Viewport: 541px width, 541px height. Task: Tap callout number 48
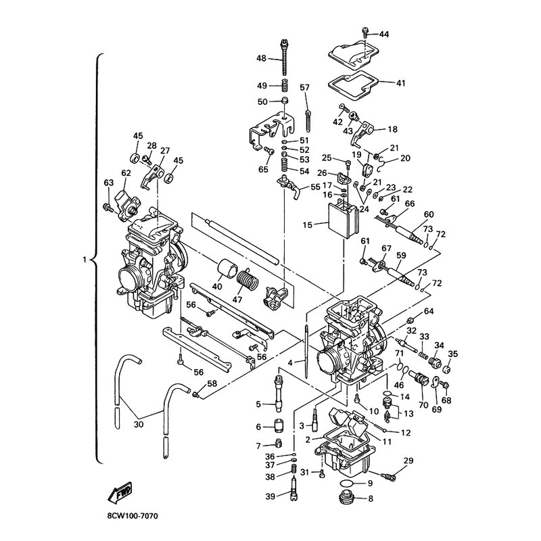tap(261, 58)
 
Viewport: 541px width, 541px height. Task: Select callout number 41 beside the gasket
tap(401, 83)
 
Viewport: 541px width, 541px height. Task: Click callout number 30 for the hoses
tap(139, 425)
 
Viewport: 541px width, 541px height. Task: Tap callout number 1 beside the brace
tap(85, 259)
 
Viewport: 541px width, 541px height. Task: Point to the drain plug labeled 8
tap(344, 501)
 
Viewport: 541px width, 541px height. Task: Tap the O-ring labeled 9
tap(344, 484)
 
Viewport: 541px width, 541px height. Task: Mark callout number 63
tap(108, 183)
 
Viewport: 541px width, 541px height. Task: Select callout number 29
tap(408, 461)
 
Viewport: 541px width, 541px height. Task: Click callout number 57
tap(304, 87)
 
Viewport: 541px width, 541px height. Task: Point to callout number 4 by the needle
tap(290, 362)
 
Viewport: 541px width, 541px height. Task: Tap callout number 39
tap(269, 497)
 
